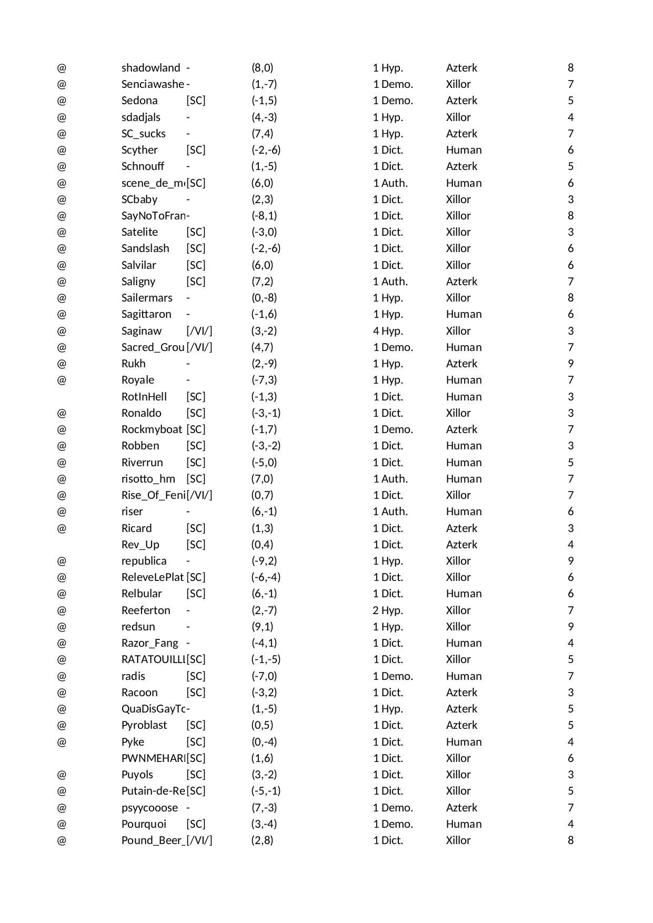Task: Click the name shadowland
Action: [150, 68]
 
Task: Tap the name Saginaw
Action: [142, 331]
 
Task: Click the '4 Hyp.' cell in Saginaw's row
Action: [388, 331]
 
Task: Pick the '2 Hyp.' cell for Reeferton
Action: [388, 610]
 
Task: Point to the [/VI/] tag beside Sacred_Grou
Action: [199, 347]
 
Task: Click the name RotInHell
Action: [144, 397]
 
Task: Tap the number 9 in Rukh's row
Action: [570, 364]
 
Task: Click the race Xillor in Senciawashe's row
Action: [458, 84]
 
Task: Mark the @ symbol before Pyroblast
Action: [62, 725]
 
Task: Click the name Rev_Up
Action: [140, 545]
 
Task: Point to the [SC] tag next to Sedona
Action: [196, 101]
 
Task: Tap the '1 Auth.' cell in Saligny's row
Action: [390, 282]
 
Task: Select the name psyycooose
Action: [149, 808]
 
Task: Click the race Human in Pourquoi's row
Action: [464, 824]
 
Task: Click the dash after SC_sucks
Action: [188, 134]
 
